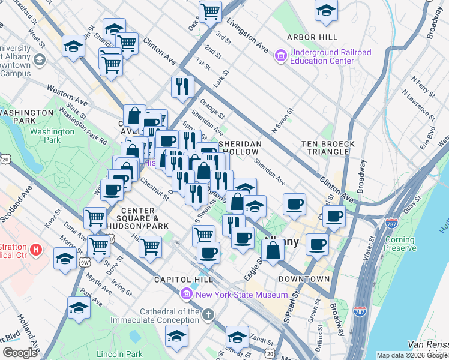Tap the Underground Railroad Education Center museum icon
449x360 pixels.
(280, 56)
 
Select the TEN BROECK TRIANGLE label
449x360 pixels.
(329, 149)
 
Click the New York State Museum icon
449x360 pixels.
(186, 295)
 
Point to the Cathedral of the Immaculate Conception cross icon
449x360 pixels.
(208, 315)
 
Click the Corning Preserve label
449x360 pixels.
(400, 244)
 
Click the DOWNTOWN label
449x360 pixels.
(304, 279)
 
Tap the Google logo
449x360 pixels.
(20, 353)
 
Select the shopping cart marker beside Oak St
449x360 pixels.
(211, 10)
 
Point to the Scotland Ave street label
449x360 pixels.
(18, 204)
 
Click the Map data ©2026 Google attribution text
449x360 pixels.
(412, 355)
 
